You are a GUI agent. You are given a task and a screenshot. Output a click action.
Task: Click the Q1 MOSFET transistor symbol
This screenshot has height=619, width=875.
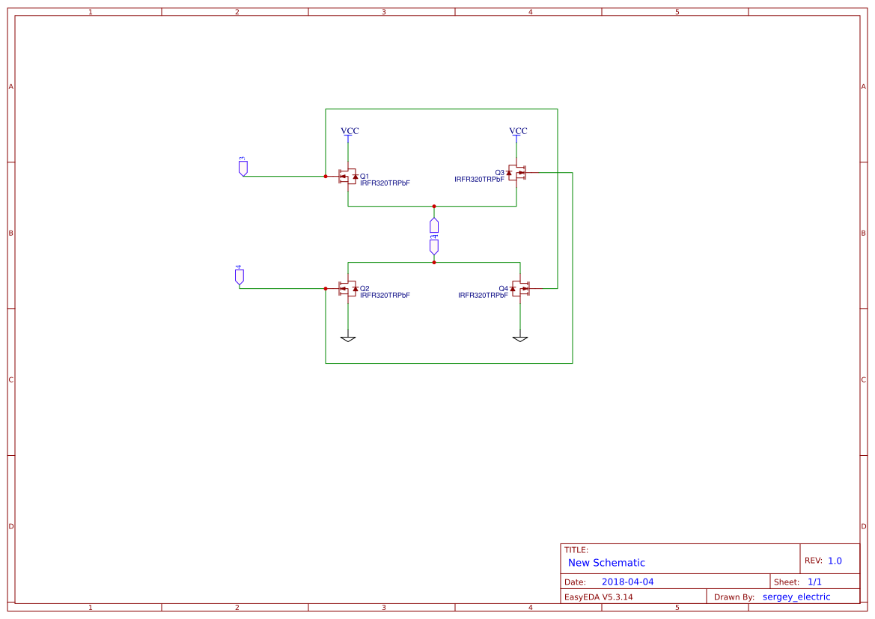(347, 177)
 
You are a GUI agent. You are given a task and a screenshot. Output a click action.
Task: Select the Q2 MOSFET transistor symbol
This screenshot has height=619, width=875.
(347, 289)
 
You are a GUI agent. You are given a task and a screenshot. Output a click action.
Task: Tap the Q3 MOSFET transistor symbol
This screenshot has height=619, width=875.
(517, 172)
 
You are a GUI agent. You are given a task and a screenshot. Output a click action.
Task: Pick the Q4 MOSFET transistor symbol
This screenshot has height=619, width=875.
(521, 289)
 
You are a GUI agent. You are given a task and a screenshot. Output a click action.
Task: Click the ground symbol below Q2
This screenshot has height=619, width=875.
(347, 338)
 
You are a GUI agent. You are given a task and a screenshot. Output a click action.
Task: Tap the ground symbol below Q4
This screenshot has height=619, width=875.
(520, 338)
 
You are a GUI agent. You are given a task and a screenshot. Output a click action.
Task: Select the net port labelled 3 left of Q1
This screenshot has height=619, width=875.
(243, 167)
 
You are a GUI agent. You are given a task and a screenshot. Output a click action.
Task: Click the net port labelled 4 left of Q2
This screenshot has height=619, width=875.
(240, 275)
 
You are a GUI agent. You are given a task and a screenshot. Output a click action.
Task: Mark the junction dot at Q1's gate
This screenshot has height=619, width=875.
(326, 177)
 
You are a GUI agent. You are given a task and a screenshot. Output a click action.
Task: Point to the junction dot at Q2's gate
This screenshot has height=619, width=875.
(326, 289)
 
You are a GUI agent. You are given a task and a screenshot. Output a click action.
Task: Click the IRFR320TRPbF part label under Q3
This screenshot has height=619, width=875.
(479, 180)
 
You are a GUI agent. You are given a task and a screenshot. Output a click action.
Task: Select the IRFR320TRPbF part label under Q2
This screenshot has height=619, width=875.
(385, 295)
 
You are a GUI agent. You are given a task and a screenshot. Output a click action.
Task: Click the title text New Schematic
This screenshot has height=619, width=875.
(606, 563)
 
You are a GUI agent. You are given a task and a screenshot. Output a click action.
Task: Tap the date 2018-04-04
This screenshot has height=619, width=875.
(628, 582)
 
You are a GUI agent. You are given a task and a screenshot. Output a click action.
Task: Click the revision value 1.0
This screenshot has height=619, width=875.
(835, 561)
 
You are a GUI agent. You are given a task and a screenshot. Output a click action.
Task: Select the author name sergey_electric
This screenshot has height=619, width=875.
(796, 597)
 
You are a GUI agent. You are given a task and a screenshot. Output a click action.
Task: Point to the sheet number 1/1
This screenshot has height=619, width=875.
(814, 582)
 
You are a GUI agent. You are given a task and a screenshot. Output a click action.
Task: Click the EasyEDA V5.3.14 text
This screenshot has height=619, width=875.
(598, 597)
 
